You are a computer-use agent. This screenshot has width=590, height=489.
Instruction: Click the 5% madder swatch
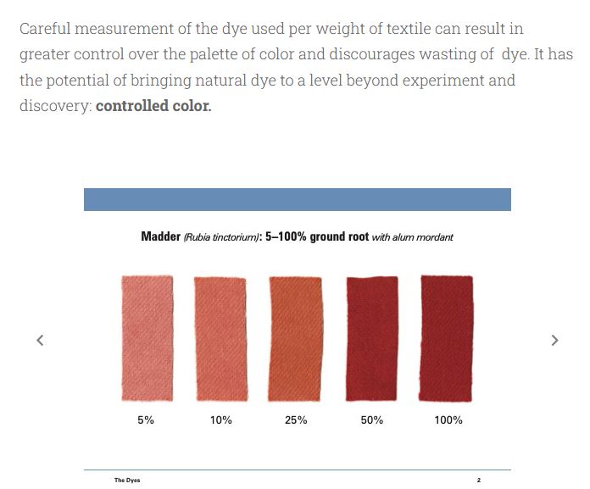pyautogui.click(x=147, y=337)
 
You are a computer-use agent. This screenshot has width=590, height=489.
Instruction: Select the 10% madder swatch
pyautogui.click(x=220, y=337)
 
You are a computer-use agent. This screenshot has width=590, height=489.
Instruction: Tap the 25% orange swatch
pyautogui.click(x=295, y=337)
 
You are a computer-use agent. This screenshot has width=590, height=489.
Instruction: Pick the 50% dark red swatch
pyautogui.click(x=371, y=337)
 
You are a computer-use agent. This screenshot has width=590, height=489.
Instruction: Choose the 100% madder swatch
pyautogui.click(x=448, y=337)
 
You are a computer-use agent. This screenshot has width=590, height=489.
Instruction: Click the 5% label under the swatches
pyautogui.click(x=146, y=420)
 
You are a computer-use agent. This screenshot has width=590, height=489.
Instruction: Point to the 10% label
pyautogui.click(x=220, y=420)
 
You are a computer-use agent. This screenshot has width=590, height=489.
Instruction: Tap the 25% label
pyautogui.click(x=296, y=420)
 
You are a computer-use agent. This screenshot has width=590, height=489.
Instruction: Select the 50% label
pyautogui.click(x=371, y=420)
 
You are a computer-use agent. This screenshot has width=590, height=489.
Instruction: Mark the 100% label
pyautogui.click(x=448, y=420)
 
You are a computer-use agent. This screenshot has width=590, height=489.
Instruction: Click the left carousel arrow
pyautogui.click(x=40, y=340)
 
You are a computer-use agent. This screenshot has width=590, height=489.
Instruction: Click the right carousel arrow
pyautogui.click(x=554, y=340)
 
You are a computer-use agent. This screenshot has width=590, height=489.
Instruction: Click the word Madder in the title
pyautogui.click(x=160, y=236)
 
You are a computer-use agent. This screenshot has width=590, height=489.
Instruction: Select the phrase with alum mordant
pyautogui.click(x=412, y=237)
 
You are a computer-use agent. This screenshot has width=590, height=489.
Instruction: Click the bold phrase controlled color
pyautogui.click(x=153, y=108)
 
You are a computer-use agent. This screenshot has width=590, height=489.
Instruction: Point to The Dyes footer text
pyautogui.click(x=127, y=481)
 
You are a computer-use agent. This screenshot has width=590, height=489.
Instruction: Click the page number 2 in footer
pyautogui.click(x=478, y=481)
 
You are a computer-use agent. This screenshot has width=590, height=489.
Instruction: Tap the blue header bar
pyautogui.click(x=297, y=199)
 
